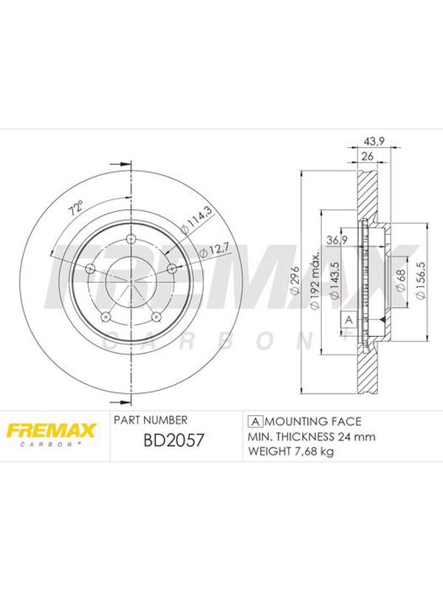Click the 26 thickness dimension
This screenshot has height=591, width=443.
tap(367, 156)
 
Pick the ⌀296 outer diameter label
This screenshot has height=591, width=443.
tap(295, 279)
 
